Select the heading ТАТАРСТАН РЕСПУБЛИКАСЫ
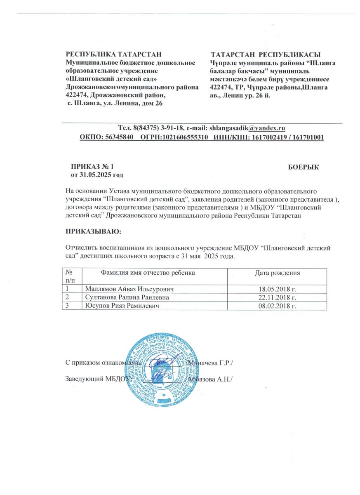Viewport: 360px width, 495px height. click(x=266, y=55)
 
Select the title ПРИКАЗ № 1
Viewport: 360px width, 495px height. click(x=92, y=167)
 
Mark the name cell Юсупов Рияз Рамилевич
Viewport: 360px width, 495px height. click(x=120, y=306)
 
